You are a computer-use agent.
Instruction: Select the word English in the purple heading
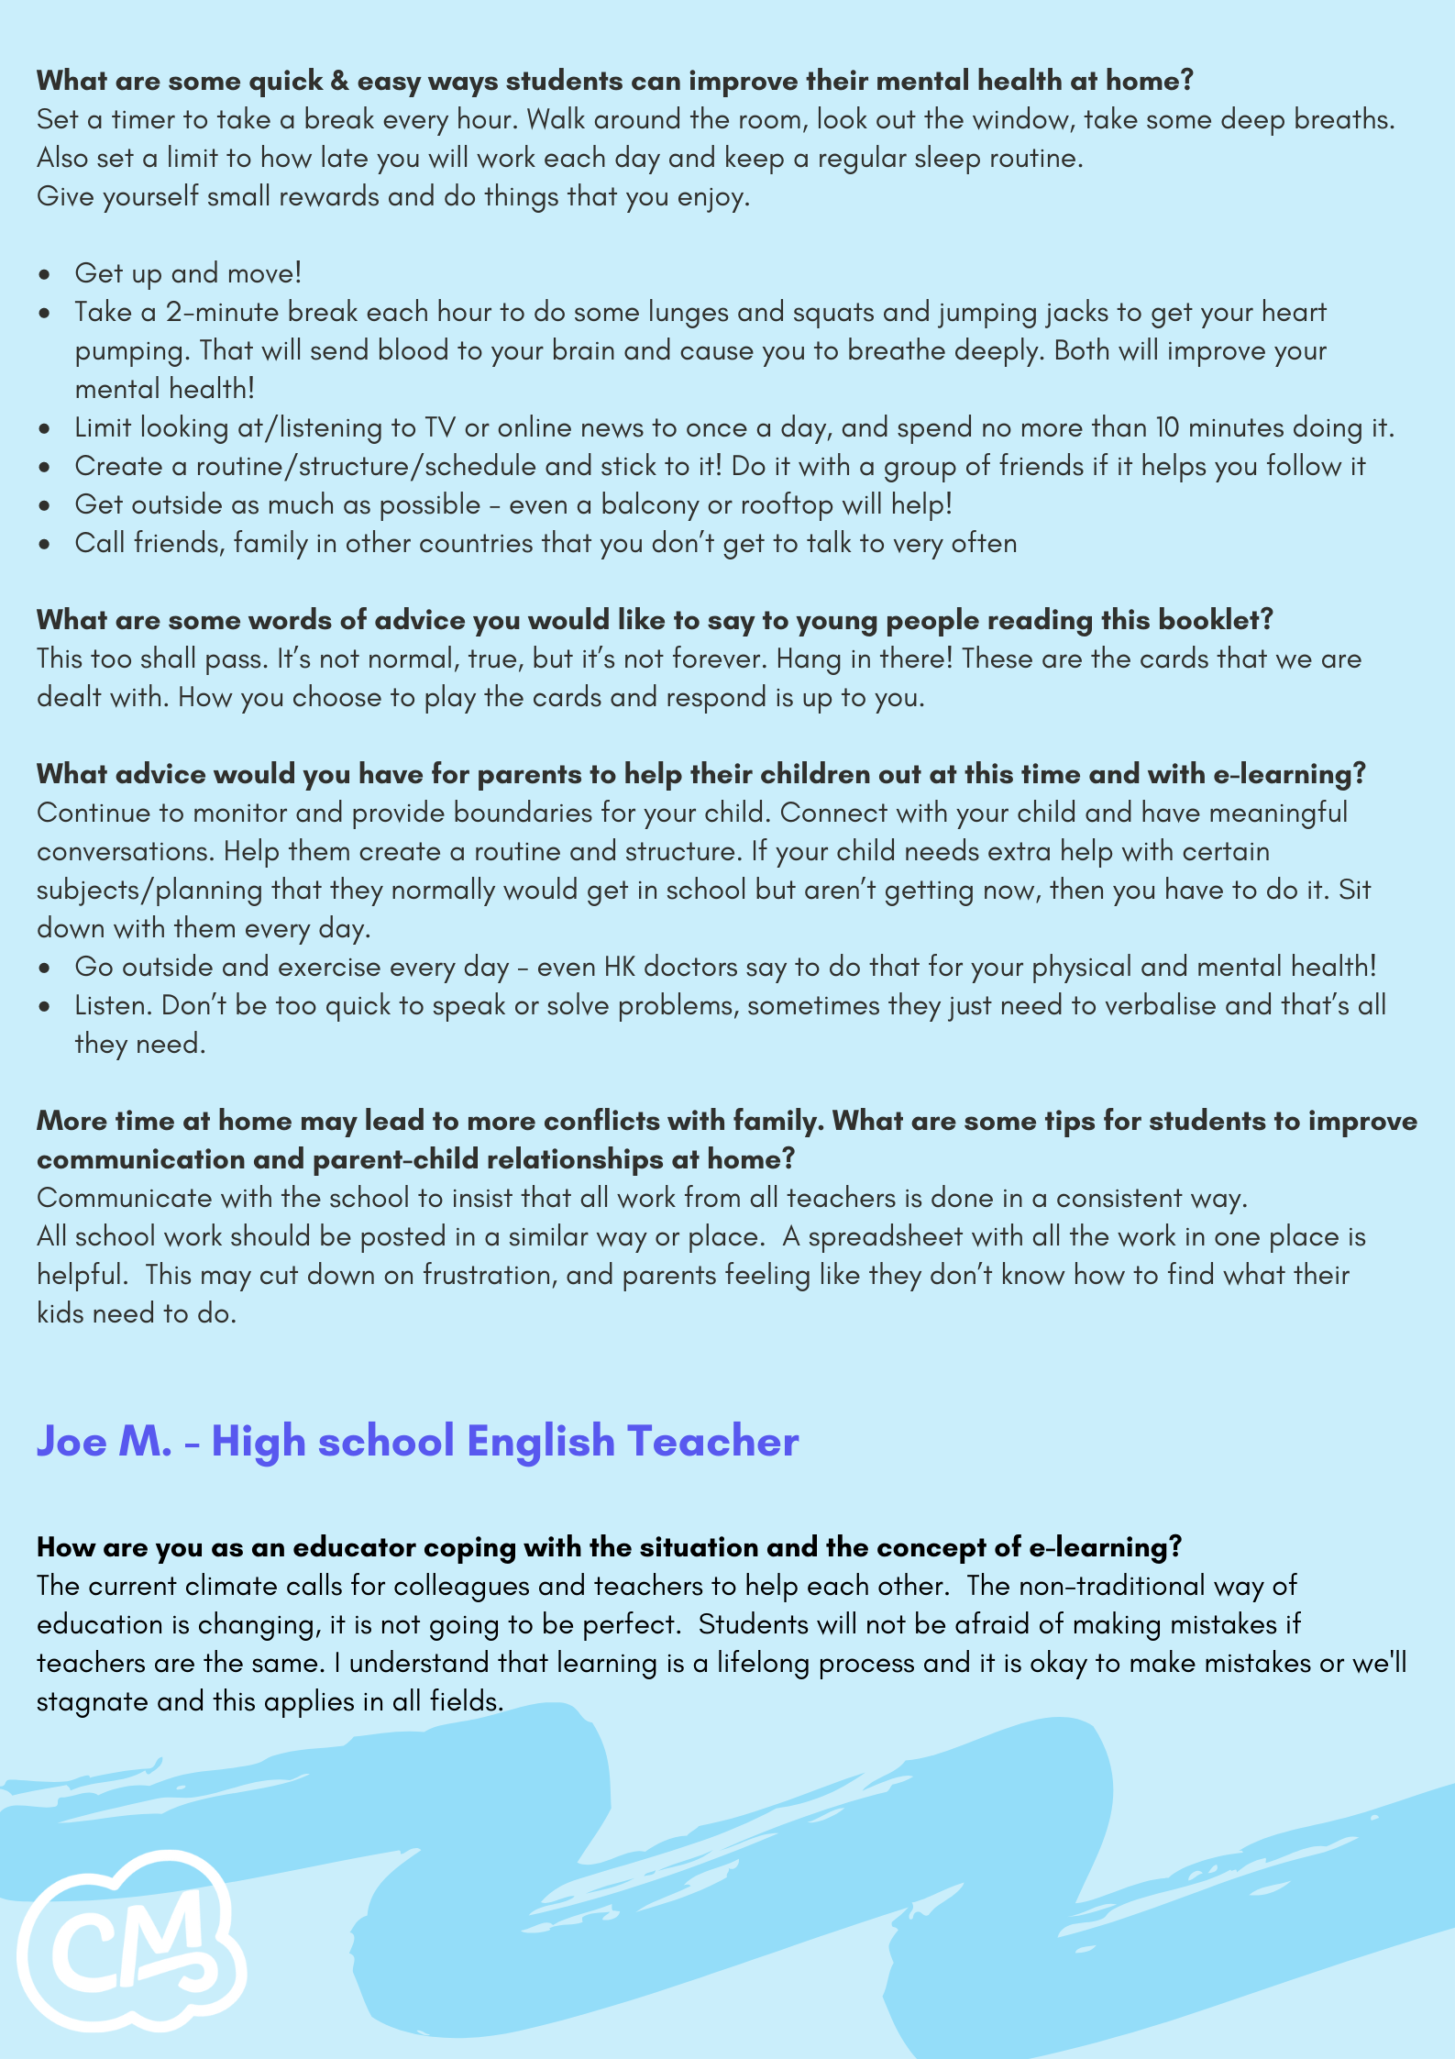[x=540, y=1442]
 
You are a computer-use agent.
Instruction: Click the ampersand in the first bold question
[x=339, y=82]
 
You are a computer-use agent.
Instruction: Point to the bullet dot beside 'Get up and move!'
[x=44, y=274]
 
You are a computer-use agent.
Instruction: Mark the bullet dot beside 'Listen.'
[x=44, y=1006]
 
